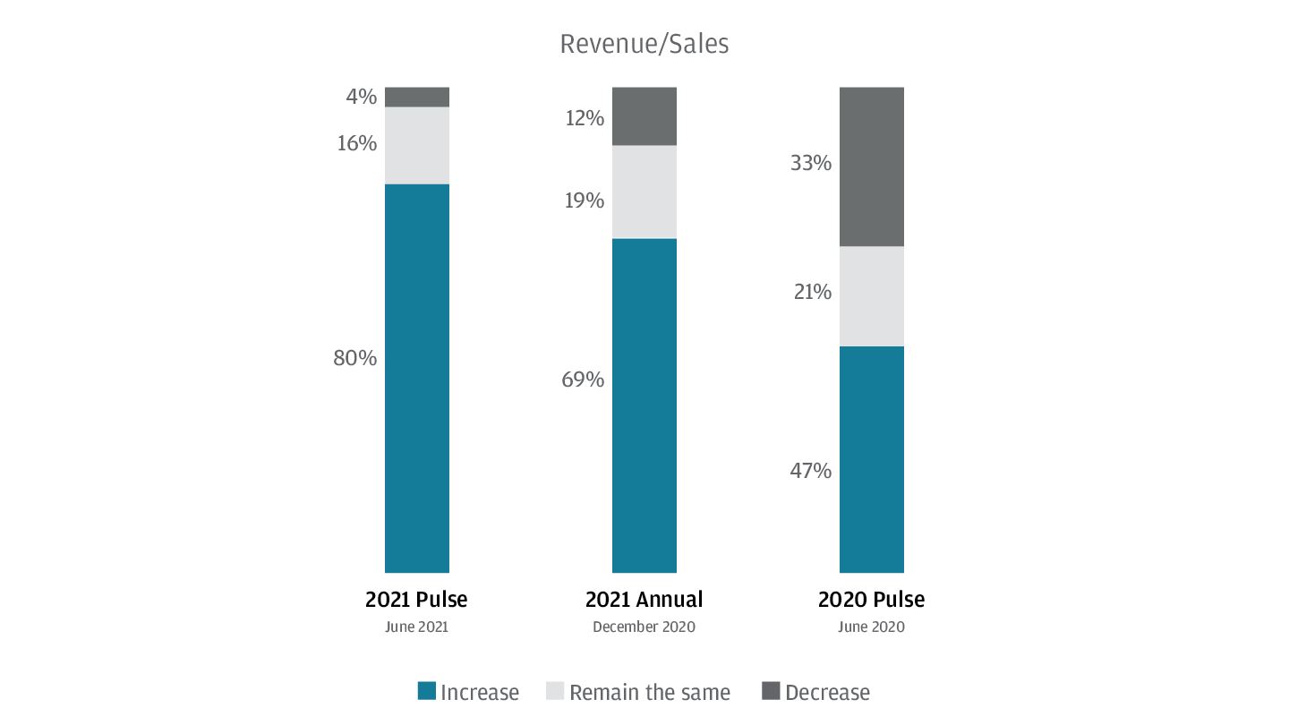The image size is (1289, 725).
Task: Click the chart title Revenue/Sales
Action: (x=644, y=44)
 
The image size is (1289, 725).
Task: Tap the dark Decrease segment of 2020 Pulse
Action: (x=871, y=166)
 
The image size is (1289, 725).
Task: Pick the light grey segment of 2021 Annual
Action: (x=644, y=192)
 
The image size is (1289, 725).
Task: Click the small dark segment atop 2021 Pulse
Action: (x=416, y=97)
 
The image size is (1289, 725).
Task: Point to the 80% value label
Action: (x=354, y=358)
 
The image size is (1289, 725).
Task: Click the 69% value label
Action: (x=582, y=380)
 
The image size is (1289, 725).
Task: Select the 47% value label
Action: (x=810, y=471)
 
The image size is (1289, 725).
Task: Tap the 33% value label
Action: (x=810, y=164)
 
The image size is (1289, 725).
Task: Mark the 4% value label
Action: (x=361, y=96)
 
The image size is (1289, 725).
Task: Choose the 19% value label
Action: (x=584, y=200)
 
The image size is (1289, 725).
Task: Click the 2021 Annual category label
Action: (x=644, y=599)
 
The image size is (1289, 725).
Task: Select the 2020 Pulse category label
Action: (x=871, y=599)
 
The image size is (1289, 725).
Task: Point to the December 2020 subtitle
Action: (x=644, y=627)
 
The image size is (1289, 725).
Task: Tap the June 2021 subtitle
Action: (x=416, y=627)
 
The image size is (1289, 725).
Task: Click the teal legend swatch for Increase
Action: (x=427, y=691)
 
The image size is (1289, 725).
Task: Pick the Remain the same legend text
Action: (x=649, y=693)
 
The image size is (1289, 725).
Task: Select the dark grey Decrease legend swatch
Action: (x=770, y=691)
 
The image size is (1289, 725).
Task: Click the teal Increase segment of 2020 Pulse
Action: (x=871, y=459)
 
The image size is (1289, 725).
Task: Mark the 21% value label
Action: (x=812, y=292)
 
